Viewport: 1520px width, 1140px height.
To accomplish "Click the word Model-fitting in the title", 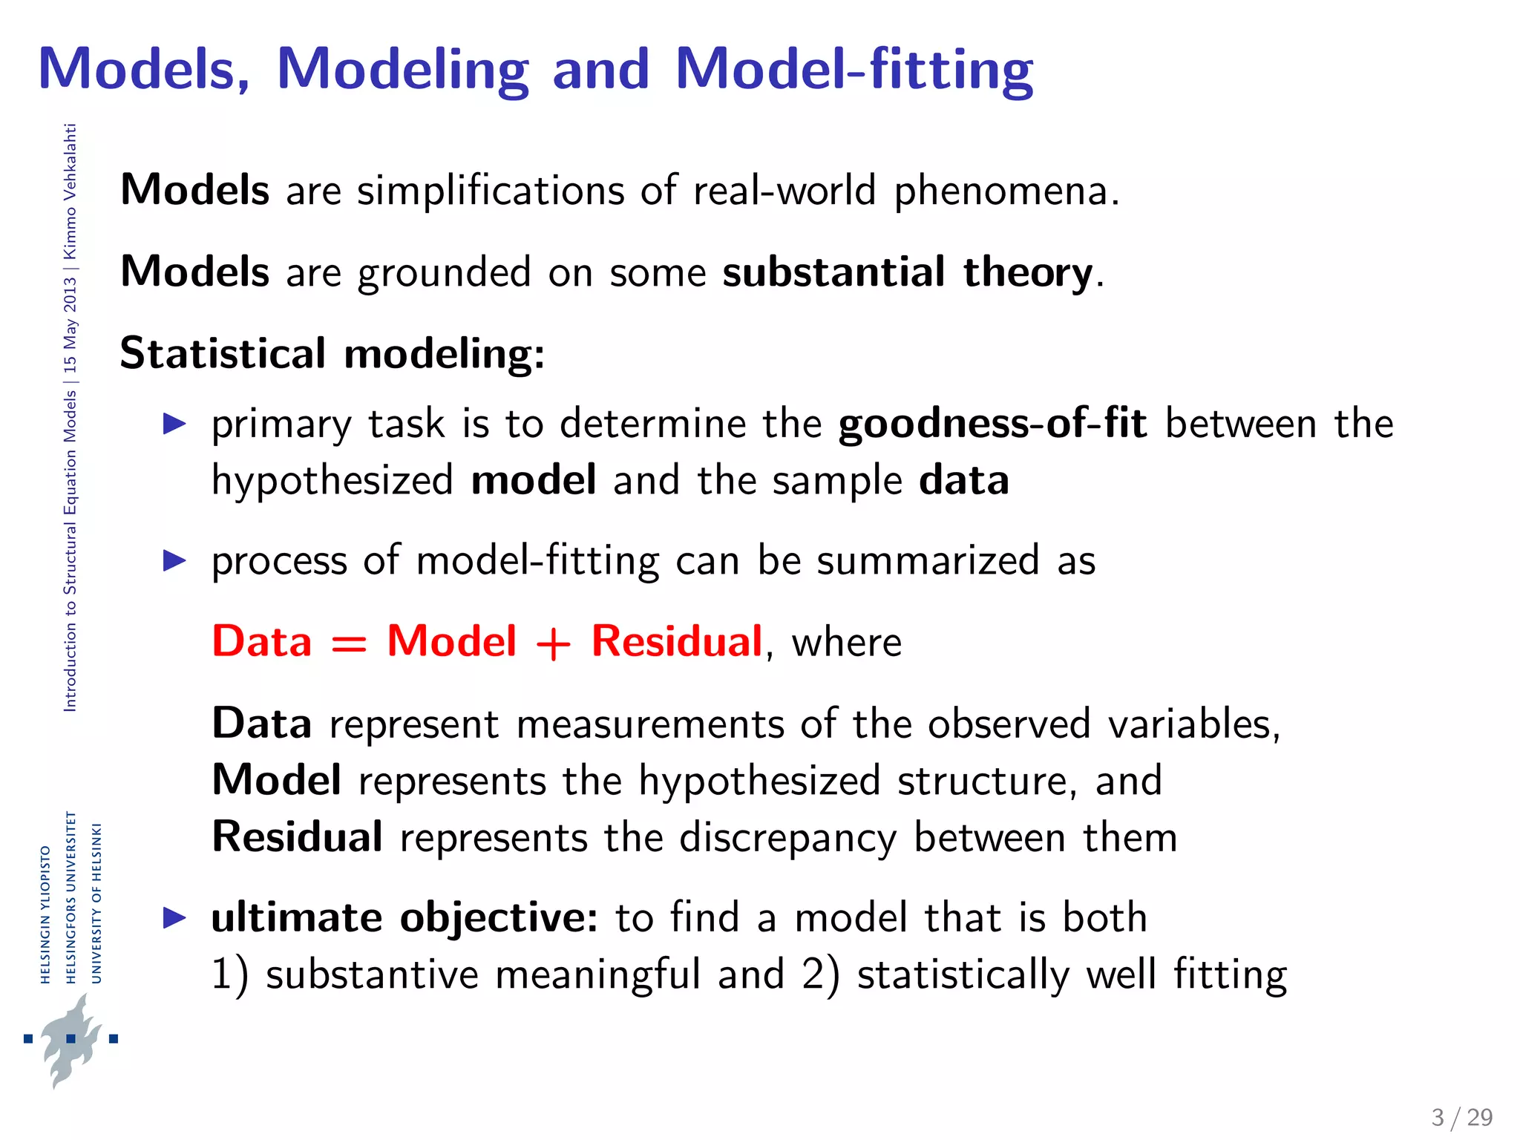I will [854, 69].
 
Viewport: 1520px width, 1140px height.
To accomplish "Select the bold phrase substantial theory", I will [907, 272].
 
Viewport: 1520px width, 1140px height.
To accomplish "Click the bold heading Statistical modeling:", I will [332, 353].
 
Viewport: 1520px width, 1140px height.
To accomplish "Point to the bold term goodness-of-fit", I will [992, 424].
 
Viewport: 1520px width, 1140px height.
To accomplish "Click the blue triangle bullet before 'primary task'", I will [174, 424].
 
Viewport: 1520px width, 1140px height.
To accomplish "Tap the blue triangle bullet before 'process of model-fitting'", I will [174, 560].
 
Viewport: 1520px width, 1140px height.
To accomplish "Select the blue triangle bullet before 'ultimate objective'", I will [174, 918].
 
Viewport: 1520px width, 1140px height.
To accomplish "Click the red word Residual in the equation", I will [676, 641].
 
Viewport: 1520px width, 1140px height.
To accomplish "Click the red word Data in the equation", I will [261, 641].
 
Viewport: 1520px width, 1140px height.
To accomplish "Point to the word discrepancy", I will [787, 838].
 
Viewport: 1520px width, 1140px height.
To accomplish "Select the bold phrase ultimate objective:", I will [404, 918].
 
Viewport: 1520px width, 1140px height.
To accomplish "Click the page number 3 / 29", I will [1461, 1117].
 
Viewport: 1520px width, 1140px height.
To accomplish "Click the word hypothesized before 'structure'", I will [759, 781].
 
